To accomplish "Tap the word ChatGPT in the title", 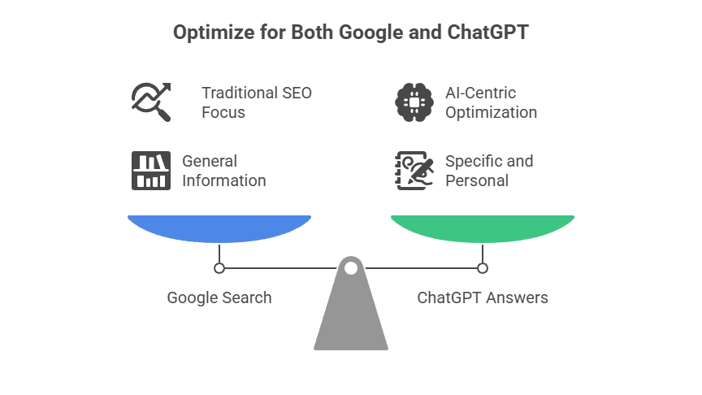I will click(488, 33).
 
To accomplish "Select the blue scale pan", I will click(219, 227).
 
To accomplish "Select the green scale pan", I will click(483, 227).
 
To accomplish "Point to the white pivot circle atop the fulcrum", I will click(351, 267).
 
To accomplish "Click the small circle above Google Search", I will click(219, 267).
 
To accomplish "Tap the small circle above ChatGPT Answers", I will click(483, 267).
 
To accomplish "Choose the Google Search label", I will click(219, 297).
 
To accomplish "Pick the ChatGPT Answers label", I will click(483, 297).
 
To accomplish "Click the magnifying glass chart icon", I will click(151, 102).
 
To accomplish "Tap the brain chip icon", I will click(414, 102).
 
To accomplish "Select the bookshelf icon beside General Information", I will click(151, 170).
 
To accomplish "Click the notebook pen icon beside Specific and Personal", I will click(414, 170).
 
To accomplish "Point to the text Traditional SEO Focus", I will click(257, 102).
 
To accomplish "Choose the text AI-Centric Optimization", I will click(491, 102).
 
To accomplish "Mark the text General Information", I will click(223, 171).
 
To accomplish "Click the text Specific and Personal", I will click(489, 171).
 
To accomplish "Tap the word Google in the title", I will click(373, 33).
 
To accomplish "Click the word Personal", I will click(477, 180).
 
